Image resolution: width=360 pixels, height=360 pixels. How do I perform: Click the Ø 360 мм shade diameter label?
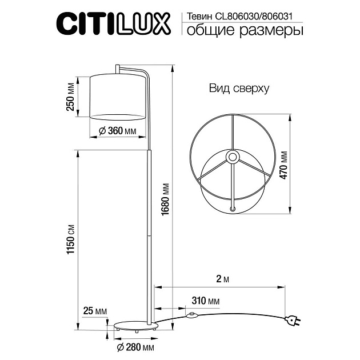[x=117, y=131]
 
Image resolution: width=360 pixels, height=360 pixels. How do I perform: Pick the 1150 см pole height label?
[x=71, y=239]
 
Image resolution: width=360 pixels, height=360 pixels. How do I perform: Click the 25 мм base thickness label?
[x=94, y=311]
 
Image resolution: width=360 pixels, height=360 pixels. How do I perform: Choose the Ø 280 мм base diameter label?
[x=135, y=347]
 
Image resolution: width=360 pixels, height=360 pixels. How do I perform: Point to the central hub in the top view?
[x=233, y=157]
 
